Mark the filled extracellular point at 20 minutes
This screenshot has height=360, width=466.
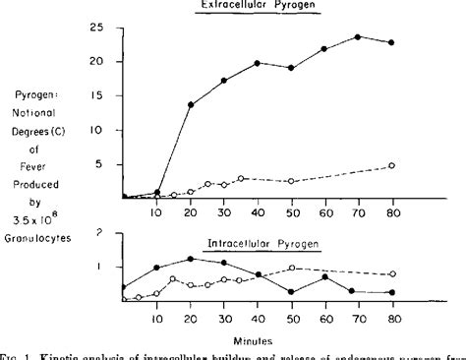coord(190,104)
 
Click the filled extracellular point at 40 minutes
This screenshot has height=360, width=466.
coord(257,63)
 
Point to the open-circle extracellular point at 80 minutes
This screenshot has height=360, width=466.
coord(392,165)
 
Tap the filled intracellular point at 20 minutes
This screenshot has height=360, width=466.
coord(190,258)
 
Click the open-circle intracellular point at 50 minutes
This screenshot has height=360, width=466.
coord(291,268)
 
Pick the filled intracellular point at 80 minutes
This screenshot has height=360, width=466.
coord(392,292)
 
